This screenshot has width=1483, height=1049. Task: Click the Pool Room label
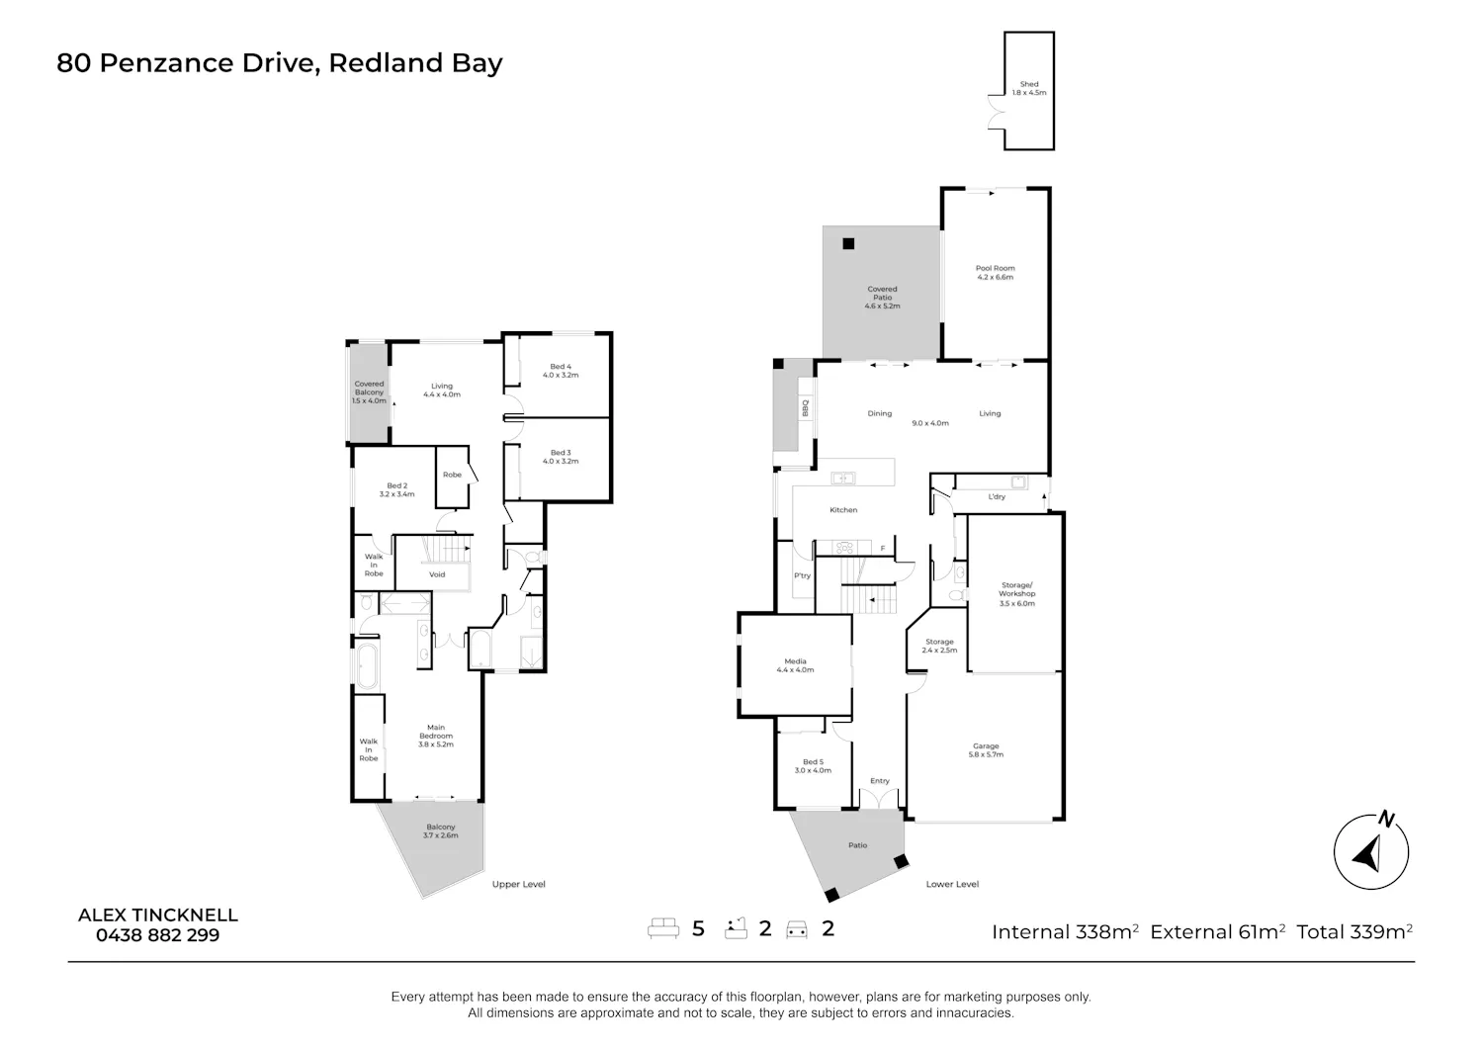click(995, 273)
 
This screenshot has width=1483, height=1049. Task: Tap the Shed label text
click(1029, 88)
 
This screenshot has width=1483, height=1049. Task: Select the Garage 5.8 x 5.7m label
click(986, 749)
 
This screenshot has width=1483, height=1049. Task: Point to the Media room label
click(795, 665)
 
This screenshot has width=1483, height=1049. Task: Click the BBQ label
click(805, 407)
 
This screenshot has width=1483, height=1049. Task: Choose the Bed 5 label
click(813, 766)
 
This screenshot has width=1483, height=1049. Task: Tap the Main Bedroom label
click(436, 736)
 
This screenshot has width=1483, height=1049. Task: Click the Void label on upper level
click(437, 574)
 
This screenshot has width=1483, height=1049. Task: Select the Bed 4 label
click(561, 370)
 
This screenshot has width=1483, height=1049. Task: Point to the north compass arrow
click(1369, 853)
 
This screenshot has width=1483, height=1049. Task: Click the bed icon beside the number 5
click(663, 928)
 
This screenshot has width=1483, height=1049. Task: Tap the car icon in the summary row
click(797, 929)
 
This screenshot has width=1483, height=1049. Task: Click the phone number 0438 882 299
click(157, 935)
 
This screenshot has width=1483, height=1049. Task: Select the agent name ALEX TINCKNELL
click(157, 915)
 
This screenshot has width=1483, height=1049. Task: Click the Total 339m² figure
click(1354, 931)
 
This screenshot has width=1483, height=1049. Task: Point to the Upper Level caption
click(518, 884)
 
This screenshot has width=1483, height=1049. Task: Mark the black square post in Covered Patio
click(848, 243)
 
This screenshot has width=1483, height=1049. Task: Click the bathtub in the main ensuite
click(367, 665)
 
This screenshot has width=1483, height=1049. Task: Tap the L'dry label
click(997, 496)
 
